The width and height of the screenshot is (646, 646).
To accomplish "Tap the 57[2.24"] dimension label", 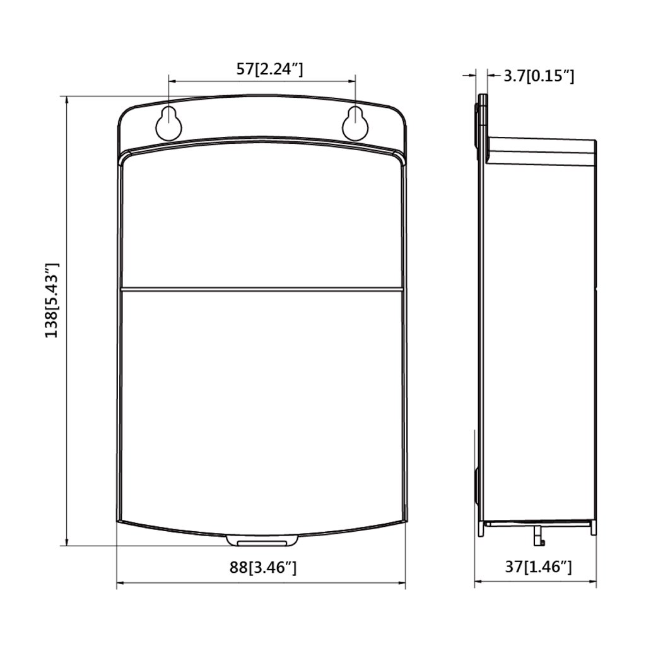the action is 269,69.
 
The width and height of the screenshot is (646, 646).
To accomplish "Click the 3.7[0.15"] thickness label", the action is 539,76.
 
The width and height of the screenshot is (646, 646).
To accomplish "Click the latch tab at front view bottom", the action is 262,540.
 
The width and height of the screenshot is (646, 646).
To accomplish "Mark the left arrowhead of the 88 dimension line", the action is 120,582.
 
